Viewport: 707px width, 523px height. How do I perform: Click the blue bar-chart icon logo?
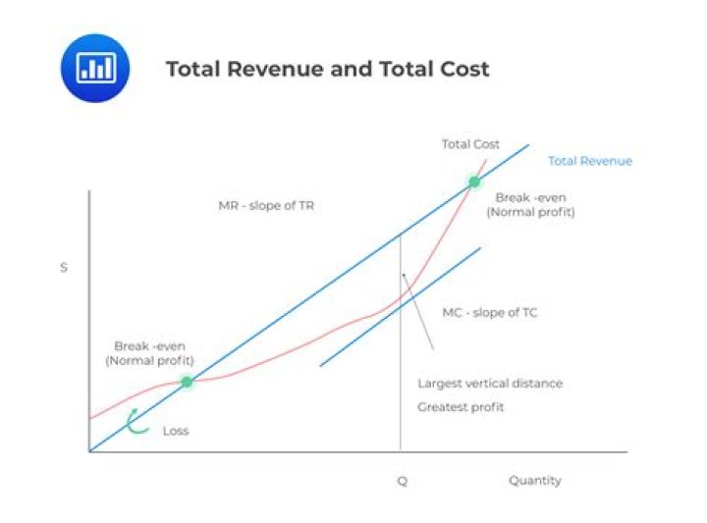point(95,68)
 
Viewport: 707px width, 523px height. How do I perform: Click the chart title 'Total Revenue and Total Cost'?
point(327,69)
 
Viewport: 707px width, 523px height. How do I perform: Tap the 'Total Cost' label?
point(470,144)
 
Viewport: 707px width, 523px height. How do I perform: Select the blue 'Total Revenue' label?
point(589,161)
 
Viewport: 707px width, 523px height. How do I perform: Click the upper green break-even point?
point(474,182)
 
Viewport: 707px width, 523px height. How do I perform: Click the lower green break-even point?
point(187,381)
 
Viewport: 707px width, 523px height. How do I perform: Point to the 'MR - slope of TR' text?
point(266,206)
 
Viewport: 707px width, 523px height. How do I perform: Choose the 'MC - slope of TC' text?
point(489,313)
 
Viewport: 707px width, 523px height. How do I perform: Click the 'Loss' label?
point(176,431)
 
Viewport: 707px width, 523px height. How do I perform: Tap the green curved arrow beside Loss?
point(137,423)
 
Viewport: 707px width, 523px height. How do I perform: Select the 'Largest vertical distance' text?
point(490,384)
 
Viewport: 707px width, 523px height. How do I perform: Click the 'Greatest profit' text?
point(461,406)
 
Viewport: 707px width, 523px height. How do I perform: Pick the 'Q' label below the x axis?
point(401,481)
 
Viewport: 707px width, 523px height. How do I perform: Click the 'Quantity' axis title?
point(534,481)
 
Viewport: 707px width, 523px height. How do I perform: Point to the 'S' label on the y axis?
point(64,267)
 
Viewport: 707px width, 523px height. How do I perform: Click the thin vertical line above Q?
point(401,392)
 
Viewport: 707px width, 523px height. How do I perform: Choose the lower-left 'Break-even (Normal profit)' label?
point(149,353)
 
